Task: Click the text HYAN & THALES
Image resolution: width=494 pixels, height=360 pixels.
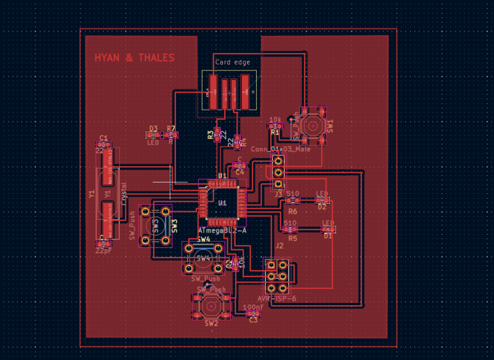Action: [x=134, y=58]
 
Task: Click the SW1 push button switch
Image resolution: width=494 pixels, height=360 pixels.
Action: [x=314, y=125]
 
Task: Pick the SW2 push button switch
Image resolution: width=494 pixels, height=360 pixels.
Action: [x=211, y=306]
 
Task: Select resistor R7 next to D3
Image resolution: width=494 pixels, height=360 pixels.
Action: [x=171, y=135]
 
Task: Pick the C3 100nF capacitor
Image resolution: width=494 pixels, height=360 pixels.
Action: [x=253, y=314]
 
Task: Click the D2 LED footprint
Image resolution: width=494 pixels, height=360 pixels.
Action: [x=322, y=200]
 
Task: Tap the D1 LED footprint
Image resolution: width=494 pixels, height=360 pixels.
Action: [x=328, y=229]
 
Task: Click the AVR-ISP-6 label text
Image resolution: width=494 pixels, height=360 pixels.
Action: [x=277, y=299]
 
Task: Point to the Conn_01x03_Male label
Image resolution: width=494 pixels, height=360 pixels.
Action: [x=281, y=149]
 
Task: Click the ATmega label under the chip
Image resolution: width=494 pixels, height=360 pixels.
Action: [x=222, y=230]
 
